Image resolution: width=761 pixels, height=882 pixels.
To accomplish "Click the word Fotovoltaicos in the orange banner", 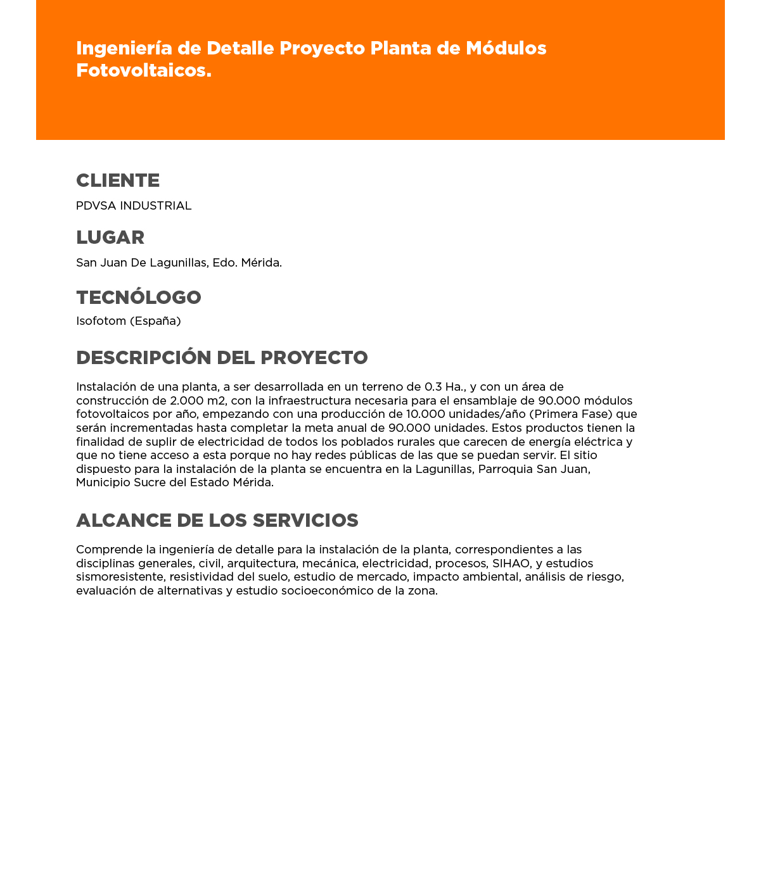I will pyautogui.click(x=143, y=70).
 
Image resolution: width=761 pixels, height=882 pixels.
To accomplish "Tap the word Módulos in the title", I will pyautogui.click(x=506, y=48).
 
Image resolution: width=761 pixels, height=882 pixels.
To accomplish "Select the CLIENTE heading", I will pyautogui.click(x=118, y=180).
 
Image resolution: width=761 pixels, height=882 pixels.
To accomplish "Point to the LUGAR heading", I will pyautogui.click(x=110, y=237).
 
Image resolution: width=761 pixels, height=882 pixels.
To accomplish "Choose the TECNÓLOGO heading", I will pyautogui.click(x=139, y=298).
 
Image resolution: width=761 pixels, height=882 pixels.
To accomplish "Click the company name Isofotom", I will pyautogui.click(x=101, y=321).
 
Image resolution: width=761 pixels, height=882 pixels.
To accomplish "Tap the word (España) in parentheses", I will pyautogui.click(x=156, y=321).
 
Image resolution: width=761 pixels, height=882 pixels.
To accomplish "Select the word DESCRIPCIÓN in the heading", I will pyautogui.click(x=144, y=358).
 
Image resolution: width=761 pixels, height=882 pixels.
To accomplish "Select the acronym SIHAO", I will pyautogui.click(x=511, y=564).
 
